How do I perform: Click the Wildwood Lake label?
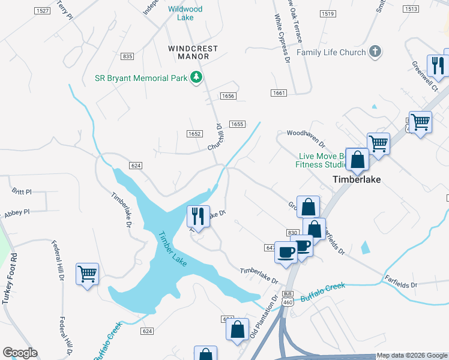(185, 13)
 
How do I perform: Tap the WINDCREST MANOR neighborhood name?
(193, 52)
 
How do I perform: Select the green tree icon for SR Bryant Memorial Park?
(196, 77)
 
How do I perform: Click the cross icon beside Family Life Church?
(375, 52)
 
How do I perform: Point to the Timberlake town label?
(357, 179)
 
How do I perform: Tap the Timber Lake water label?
(172, 249)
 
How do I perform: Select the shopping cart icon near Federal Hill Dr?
(88, 274)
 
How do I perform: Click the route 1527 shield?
(42, 11)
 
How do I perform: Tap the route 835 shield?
(127, 56)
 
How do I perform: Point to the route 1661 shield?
(279, 92)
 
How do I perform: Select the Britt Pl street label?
(21, 192)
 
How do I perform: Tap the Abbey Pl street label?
(16, 212)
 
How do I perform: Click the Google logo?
(20, 353)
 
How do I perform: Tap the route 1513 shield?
(411, 9)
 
